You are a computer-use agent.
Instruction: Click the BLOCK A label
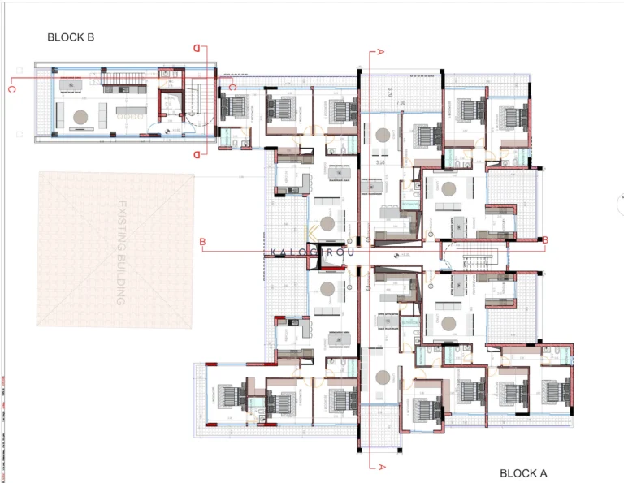(523, 472)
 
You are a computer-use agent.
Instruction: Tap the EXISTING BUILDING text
(123, 252)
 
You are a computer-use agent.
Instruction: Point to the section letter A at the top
(380, 53)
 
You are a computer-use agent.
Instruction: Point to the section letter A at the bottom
(380, 467)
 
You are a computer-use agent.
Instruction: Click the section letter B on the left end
(202, 241)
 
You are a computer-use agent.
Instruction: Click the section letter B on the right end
(545, 239)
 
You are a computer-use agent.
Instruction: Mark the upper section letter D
(196, 49)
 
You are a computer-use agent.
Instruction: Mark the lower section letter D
(196, 153)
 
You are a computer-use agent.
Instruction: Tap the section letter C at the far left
(11, 89)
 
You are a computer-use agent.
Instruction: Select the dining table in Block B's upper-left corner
(69, 84)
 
